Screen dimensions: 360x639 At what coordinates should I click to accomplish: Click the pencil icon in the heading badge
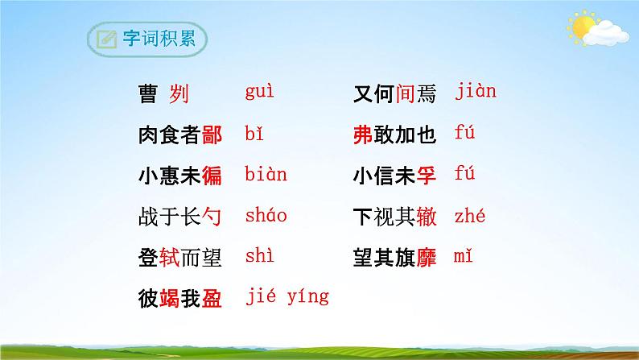[105, 39]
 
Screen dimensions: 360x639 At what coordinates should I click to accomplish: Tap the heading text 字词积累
[155, 39]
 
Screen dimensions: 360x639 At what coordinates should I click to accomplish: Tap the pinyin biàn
[266, 174]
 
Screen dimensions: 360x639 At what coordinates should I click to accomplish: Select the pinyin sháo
[266, 215]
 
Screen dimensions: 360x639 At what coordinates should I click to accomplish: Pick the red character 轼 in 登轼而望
[167, 259]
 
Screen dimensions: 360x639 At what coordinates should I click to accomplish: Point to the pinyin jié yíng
[287, 297]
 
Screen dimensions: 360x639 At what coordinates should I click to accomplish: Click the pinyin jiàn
[475, 91]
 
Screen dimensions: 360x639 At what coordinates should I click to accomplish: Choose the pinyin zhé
[470, 215]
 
